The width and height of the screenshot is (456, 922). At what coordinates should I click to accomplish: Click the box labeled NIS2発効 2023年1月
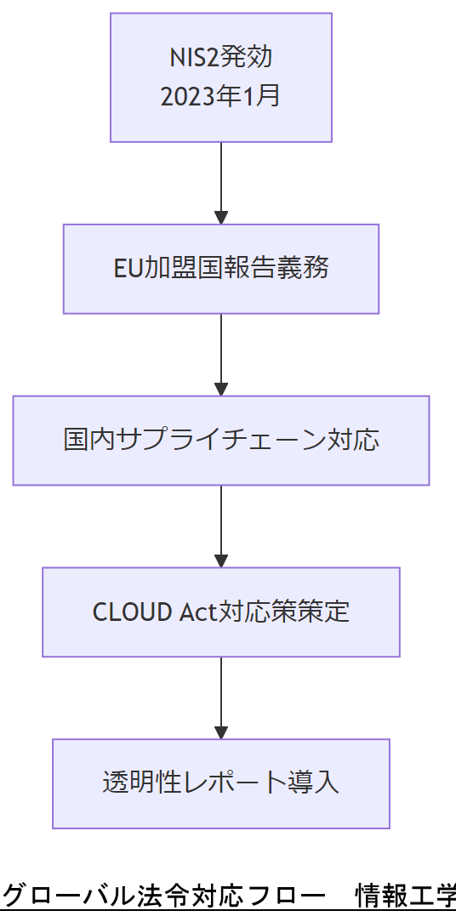pos(221,77)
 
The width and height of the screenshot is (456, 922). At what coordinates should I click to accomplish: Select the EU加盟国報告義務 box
pos(221,269)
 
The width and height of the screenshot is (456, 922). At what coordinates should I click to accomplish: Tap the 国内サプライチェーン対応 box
pos(221,440)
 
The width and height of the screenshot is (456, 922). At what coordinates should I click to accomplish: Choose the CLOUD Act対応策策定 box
pos(221,612)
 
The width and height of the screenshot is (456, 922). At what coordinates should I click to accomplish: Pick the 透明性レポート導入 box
pos(221,783)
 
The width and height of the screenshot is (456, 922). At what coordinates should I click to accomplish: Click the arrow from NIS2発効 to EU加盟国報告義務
pos(221,182)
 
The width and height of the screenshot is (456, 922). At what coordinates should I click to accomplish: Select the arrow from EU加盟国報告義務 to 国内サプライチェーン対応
pos(221,354)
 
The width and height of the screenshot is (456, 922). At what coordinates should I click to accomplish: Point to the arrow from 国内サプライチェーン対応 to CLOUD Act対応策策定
pos(221,526)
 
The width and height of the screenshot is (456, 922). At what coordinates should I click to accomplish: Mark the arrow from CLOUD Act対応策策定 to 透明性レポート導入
pos(221,697)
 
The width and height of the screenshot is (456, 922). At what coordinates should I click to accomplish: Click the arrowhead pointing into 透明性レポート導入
pos(221,731)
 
